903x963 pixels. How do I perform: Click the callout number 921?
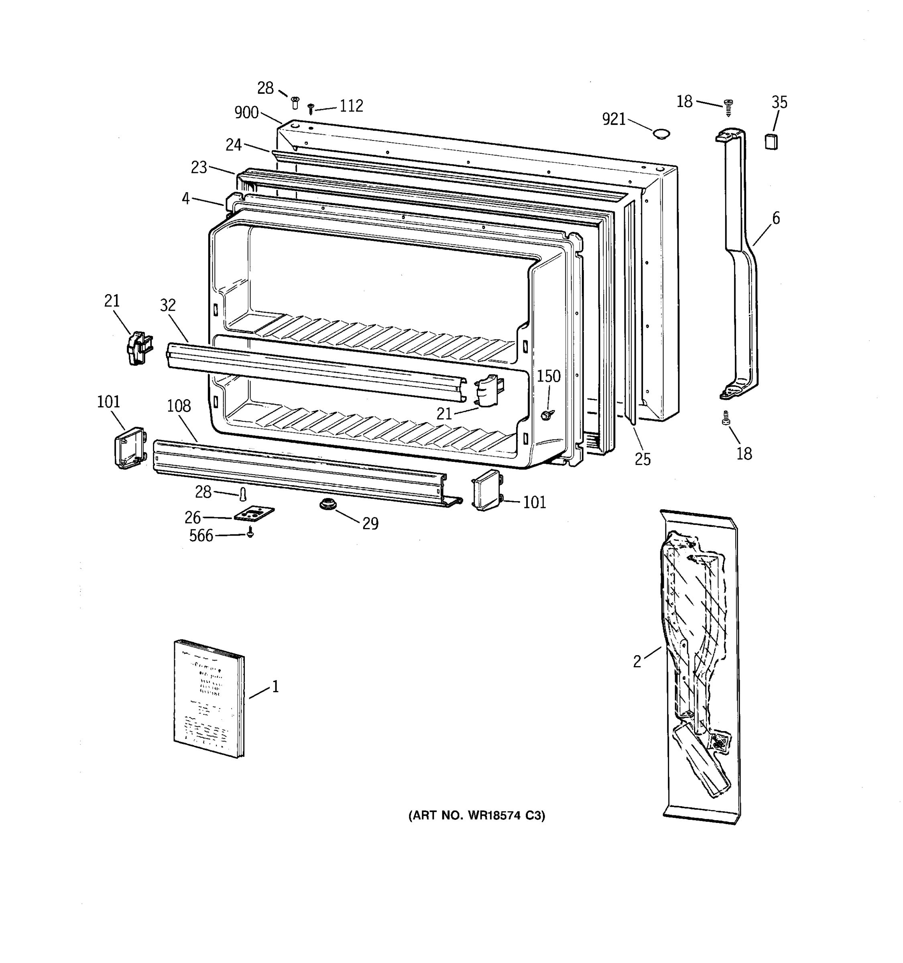click(x=614, y=119)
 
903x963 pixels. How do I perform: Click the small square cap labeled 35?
click(x=771, y=142)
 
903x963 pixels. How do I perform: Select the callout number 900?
click(x=246, y=113)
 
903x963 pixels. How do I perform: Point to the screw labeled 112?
click(x=311, y=108)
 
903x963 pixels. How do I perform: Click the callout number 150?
click(x=548, y=376)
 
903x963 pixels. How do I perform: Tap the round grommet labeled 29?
click(x=328, y=504)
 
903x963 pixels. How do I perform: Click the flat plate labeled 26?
click(x=254, y=514)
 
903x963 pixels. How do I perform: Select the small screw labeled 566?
click(x=250, y=533)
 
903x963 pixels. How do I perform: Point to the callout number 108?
click(x=179, y=406)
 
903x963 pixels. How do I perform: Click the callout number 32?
click(x=168, y=305)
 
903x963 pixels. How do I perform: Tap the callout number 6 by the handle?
click(x=776, y=218)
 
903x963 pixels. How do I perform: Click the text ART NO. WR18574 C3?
click(x=477, y=816)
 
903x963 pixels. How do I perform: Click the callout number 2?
click(x=637, y=661)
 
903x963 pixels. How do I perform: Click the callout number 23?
click(x=199, y=168)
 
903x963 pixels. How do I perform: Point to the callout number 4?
click(x=185, y=198)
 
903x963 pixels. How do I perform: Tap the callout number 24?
click(x=234, y=144)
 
